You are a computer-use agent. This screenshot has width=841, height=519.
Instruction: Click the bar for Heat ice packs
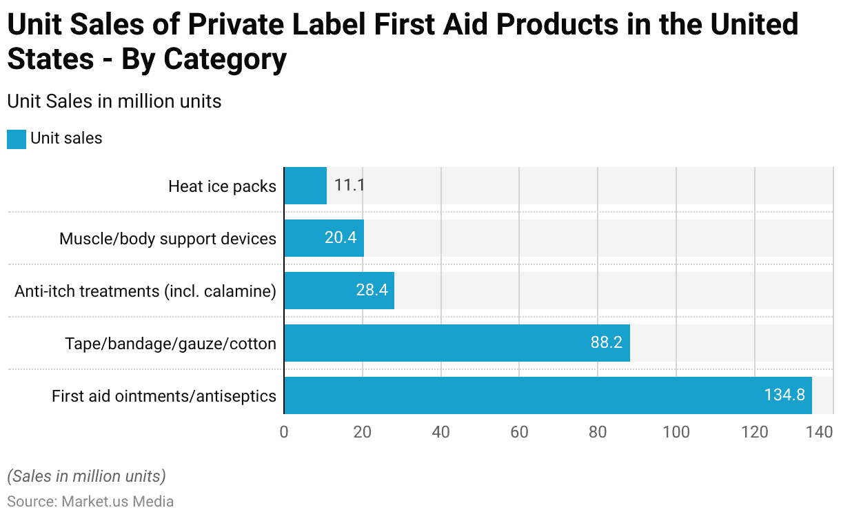click(305, 186)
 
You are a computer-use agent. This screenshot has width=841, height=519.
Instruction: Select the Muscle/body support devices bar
click(324, 238)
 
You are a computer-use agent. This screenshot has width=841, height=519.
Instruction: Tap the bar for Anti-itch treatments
click(339, 291)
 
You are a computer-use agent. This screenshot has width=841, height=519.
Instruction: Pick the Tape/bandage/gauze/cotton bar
click(456, 343)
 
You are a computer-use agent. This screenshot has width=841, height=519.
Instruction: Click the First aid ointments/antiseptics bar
click(548, 395)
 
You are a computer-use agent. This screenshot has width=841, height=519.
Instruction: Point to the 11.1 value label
click(349, 186)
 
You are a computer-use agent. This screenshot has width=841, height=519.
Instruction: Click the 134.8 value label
click(784, 395)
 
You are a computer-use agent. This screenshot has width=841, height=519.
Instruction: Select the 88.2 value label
click(607, 343)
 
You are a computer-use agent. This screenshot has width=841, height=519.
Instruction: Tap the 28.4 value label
click(372, 291)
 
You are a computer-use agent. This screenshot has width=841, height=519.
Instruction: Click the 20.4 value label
click(341, 238)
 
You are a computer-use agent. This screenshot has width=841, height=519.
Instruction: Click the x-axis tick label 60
click(519, 432)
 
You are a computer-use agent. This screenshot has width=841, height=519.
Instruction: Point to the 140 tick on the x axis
click(820, 432)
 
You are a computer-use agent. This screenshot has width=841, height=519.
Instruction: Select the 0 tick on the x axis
click(284, 432)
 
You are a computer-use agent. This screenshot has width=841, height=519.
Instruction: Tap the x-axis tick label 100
click(676, 432)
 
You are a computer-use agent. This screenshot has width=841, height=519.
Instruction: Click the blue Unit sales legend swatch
click(17, 139)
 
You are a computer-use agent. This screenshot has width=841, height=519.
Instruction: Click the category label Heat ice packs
click(222, 186)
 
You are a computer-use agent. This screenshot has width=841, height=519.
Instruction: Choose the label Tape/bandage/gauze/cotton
click(170, 344)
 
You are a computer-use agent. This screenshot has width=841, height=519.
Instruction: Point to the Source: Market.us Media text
click(90, 502)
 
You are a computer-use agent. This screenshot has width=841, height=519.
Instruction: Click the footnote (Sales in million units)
click(86, 476)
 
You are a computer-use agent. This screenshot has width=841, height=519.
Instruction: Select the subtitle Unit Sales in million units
click(114, 101)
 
